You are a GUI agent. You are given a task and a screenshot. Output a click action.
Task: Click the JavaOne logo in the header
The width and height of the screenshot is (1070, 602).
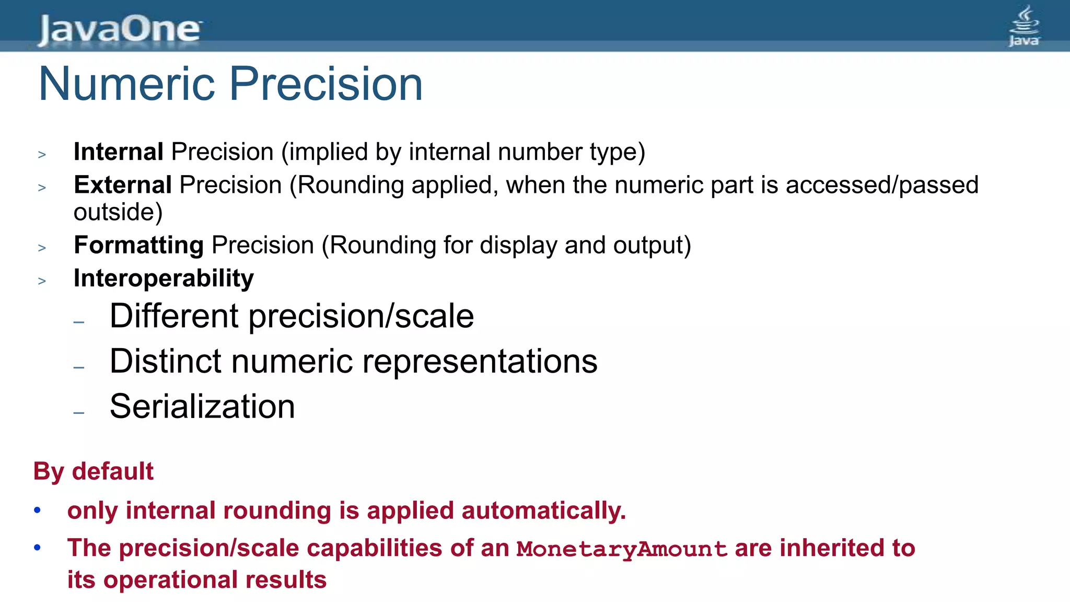(x=119, y=29)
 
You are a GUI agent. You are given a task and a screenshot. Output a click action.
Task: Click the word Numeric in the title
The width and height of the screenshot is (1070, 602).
(x=126, y=84)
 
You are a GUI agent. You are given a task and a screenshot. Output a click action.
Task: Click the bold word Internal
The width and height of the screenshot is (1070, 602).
(x=119, y=152)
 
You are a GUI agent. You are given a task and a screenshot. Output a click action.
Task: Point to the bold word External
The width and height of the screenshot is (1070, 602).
(x=123, y=185)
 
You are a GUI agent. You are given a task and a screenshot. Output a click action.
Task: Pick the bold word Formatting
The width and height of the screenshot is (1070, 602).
(x=138, y=245)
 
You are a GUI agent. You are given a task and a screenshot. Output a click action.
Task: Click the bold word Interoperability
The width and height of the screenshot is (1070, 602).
(x=164, y=278)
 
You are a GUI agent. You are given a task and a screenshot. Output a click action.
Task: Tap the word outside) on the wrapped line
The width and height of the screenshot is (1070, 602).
(x=118, y=212)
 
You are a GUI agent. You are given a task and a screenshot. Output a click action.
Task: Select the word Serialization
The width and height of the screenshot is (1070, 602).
(x=202, y=407)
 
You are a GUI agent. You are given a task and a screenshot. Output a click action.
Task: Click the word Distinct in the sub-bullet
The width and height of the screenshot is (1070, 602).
(x=166, y=361)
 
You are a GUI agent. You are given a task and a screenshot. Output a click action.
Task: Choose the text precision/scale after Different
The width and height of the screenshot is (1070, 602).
(x=361, y=316)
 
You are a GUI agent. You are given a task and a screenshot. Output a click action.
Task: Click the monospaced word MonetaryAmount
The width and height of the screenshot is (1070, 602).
(x=622, y=549)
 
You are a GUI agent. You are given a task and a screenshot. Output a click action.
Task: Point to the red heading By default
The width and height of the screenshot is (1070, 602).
(x=94, y=471)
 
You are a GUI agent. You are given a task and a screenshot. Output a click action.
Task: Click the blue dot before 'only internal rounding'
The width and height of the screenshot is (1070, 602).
(x=37, y=510)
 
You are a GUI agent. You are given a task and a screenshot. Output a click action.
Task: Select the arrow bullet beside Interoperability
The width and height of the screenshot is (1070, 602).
(x=42, y=281)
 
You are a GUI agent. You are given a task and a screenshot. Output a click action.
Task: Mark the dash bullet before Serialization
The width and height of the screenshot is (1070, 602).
(x=79, y=413)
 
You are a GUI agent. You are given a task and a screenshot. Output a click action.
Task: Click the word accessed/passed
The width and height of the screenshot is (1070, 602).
(x=882, y=185)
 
